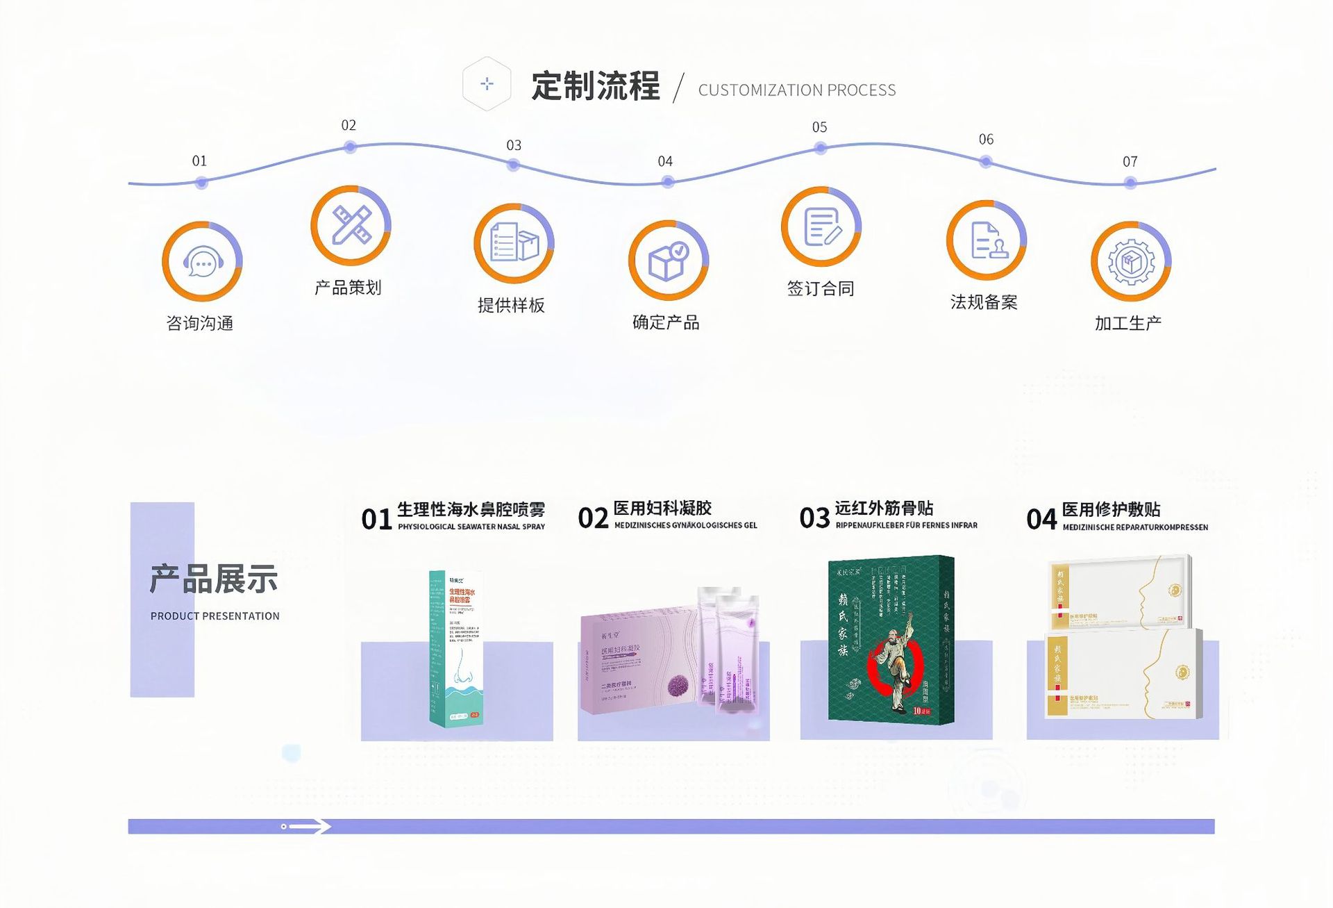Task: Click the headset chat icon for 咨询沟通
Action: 202,262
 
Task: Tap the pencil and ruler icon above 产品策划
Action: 351,225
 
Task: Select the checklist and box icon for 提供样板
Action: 514,243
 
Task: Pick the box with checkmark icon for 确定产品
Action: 668,261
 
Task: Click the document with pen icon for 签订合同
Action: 821,226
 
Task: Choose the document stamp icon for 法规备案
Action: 986,240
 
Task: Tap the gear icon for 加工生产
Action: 1131,261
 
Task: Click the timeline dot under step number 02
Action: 350,147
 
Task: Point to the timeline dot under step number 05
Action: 821,148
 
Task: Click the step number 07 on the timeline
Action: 1130,162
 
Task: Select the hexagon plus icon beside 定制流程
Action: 487,84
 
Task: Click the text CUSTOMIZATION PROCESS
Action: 797,90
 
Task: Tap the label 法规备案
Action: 984,302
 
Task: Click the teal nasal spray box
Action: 456,648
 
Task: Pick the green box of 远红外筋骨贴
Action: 891,640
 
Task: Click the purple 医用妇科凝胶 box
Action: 639,663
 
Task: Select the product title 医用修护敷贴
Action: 1111,509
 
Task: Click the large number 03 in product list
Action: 814,518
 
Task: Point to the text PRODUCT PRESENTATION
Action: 215,616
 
